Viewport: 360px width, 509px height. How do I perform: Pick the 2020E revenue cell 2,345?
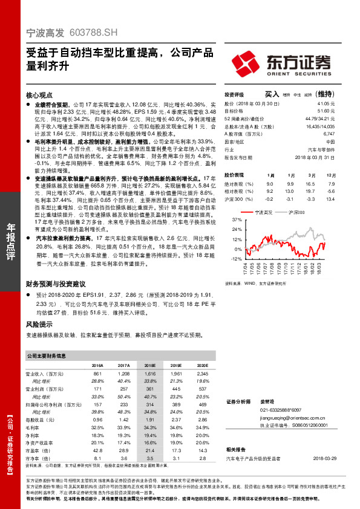point(203,375)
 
